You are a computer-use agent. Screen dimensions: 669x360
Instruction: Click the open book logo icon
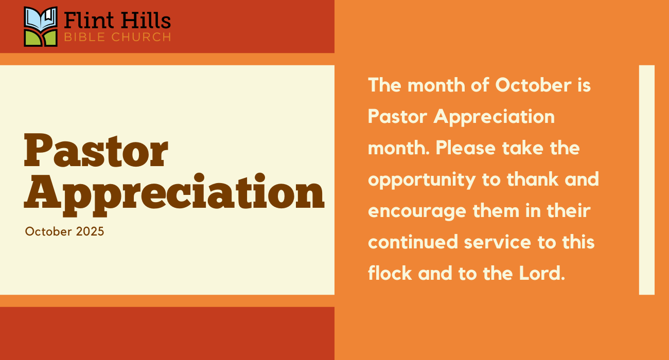click(41, 27)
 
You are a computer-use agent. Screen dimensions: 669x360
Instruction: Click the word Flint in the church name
click(89, 20)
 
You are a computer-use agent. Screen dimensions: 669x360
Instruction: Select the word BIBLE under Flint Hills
click(85, 37)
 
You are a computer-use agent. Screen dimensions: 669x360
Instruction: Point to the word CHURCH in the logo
click(142, 37)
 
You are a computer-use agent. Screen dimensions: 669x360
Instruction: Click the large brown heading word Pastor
click(96, 151)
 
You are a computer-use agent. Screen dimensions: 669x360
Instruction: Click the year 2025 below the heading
click(90, 231)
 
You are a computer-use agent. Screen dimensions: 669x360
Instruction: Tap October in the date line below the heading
click(48, 231)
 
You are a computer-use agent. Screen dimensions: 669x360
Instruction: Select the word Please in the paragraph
click(466, 148)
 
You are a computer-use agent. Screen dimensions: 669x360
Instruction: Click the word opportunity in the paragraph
click(422, 180)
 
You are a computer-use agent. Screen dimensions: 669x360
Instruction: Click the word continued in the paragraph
click(413, 242)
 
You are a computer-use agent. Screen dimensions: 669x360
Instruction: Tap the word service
click(498, 242)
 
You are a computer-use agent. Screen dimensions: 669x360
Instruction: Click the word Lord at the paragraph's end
click(542, 273)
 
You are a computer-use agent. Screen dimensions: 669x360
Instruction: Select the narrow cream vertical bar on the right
click(646, 180)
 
